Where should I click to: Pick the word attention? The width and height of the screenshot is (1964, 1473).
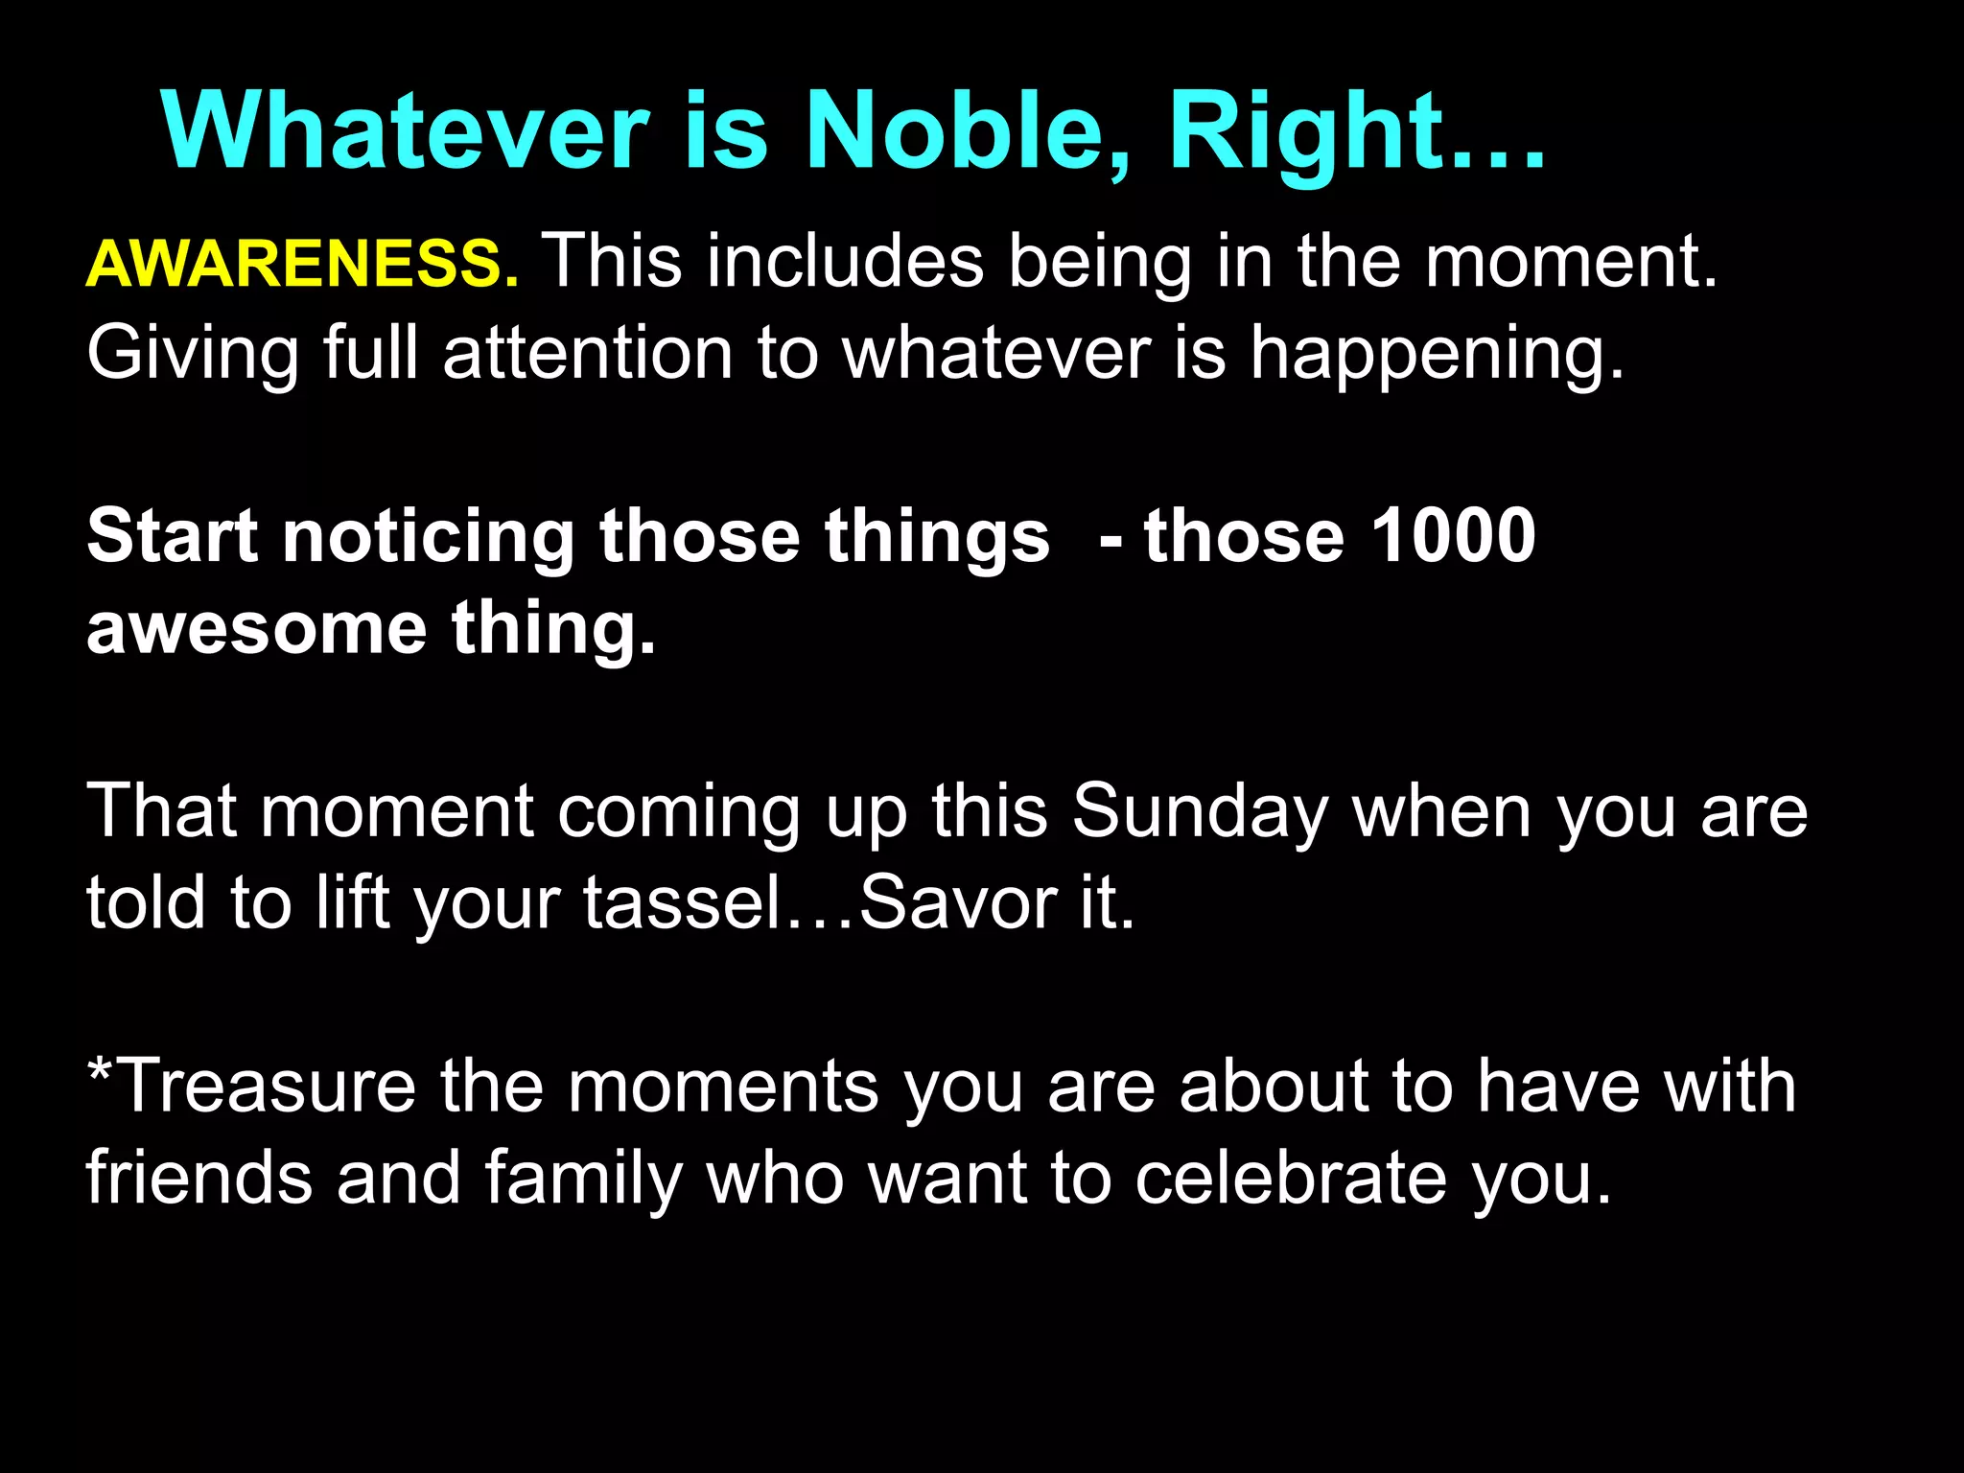(588, 353)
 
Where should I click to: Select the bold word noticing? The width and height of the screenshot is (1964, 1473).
(428, 537)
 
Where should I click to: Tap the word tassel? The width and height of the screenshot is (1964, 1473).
(683, 902)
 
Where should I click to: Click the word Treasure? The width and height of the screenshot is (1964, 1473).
(269, 1087)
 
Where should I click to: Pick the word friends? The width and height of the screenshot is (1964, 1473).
(199, 1178)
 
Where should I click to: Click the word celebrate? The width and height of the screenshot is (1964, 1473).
(1291, 1178)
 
